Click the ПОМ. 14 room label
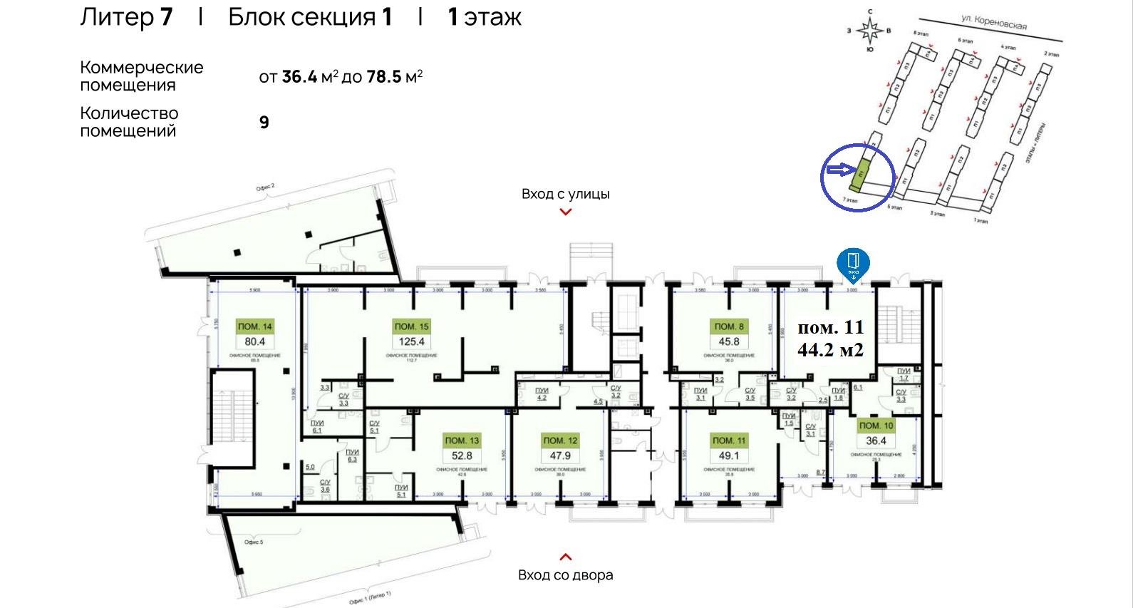255,326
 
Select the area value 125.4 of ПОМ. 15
411,341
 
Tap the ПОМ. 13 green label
462,440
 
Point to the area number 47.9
560,455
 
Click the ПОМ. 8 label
729,326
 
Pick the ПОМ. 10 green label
876,426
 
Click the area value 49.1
729,455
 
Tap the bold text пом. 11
830,327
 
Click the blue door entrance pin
853,264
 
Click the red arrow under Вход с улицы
566,212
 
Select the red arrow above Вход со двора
566,557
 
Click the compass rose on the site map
869,31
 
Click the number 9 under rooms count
264,123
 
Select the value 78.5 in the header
384,77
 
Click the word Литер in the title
115,17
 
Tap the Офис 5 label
254,542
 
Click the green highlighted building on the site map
862,172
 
